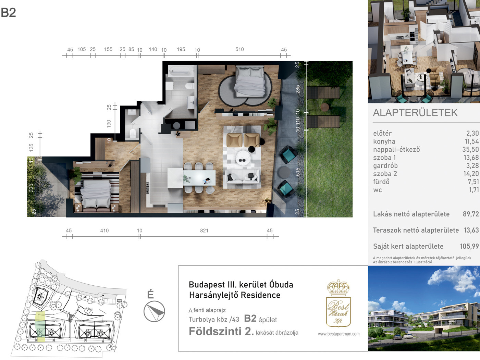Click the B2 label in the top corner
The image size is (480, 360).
coord(8,13)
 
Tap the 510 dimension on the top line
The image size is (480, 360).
coord(239,49)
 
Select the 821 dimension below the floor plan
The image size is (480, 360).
coord(204,231)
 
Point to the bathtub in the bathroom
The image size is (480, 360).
coord(181,71)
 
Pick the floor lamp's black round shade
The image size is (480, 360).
coord(252,149)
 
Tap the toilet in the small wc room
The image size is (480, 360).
coord(133,133)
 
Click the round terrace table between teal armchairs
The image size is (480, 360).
coord(284,172)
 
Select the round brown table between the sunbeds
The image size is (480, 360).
coord(324,107)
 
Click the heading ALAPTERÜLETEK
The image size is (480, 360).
coord(415,113)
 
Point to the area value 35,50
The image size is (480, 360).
coord(470,149)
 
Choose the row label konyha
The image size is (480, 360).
coord(384,141)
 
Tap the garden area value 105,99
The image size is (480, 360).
coord(469,246)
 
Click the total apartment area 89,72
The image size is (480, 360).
coord(471,214)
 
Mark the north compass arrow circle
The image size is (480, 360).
coord(154,311)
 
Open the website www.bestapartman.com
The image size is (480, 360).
coord(339,334)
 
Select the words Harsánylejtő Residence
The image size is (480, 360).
coord(235,295)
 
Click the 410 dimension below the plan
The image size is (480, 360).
coord(104,231)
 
